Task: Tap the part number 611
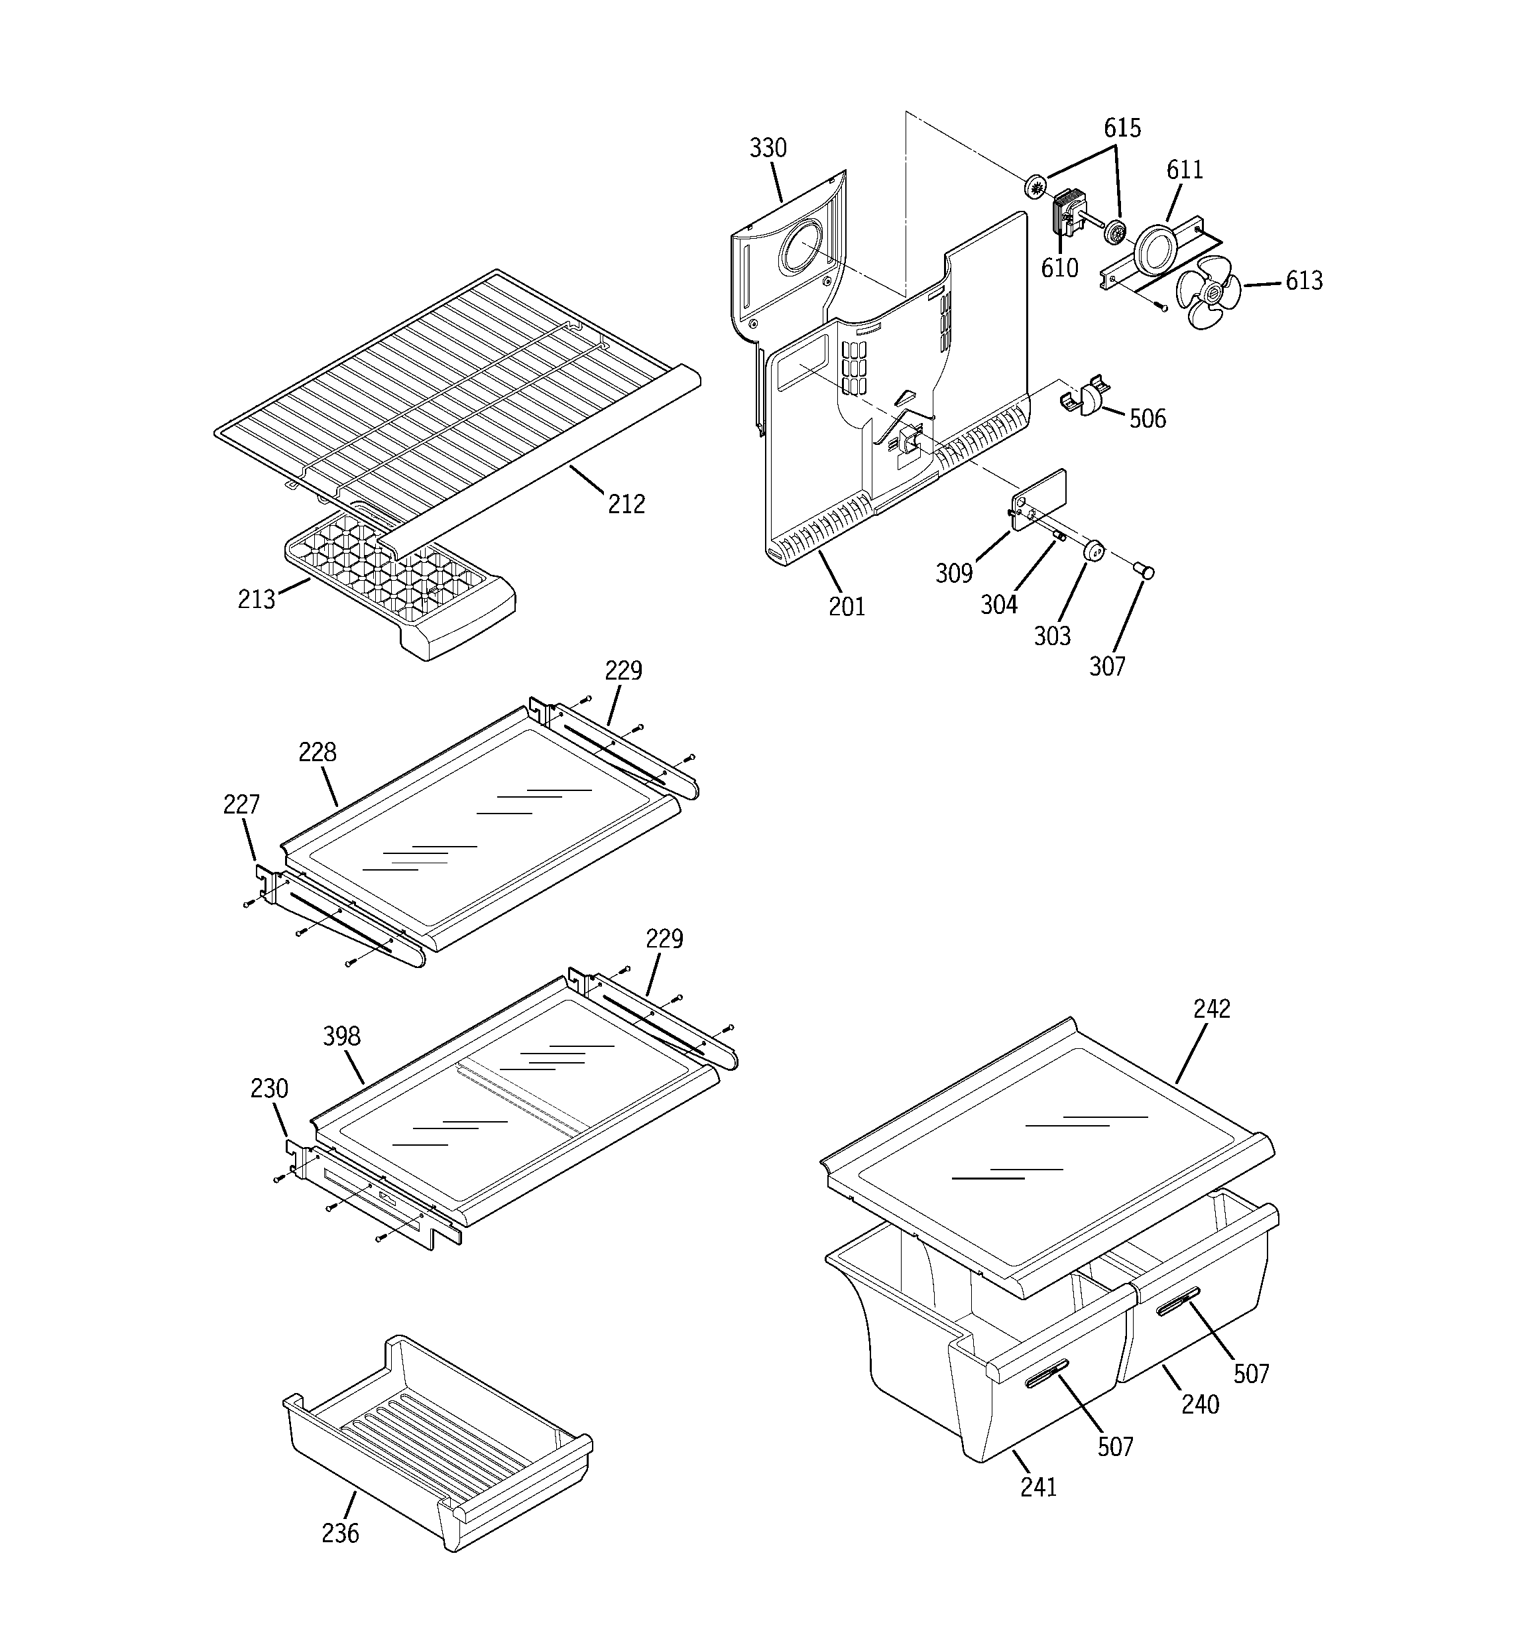(1184, 170)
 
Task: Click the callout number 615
(1122, 128)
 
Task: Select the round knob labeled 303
(1094, 550)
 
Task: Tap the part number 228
(317, 752)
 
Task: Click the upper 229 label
(622, 670)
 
